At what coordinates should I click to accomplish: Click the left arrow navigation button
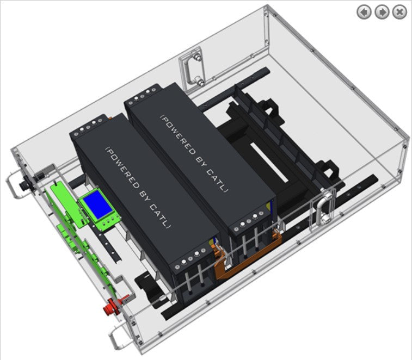[x=364, y=12]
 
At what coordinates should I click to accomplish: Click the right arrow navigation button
[x=382, y=12]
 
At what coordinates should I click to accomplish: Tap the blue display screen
[x=98, y=205]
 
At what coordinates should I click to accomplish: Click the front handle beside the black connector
[x=13, y=185]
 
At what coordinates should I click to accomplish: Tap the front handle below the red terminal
[x=115, y=337]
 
